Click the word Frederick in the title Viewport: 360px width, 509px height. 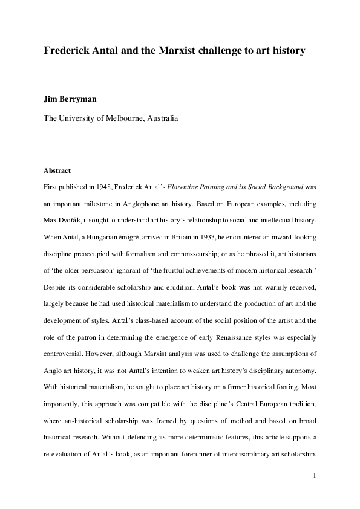65,51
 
